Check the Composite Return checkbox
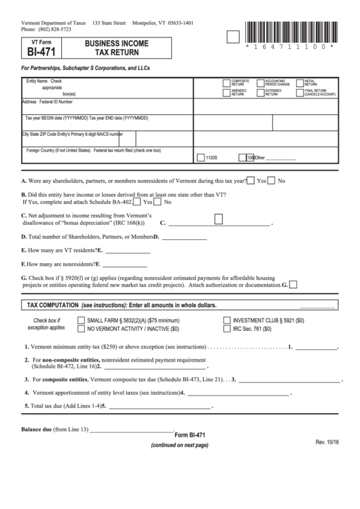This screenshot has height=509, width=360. [227, 82]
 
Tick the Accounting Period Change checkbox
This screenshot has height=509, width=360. [260, 82]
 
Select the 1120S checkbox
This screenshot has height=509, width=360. [200, 157]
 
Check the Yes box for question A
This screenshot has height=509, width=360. [251, 181]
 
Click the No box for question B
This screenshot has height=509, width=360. [158, 202]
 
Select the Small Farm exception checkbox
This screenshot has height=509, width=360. [81, 319]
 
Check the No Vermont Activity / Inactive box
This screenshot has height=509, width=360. [81, 328]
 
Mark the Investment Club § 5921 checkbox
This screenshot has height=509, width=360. [227, 319]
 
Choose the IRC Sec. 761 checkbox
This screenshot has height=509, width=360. [227, 328]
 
